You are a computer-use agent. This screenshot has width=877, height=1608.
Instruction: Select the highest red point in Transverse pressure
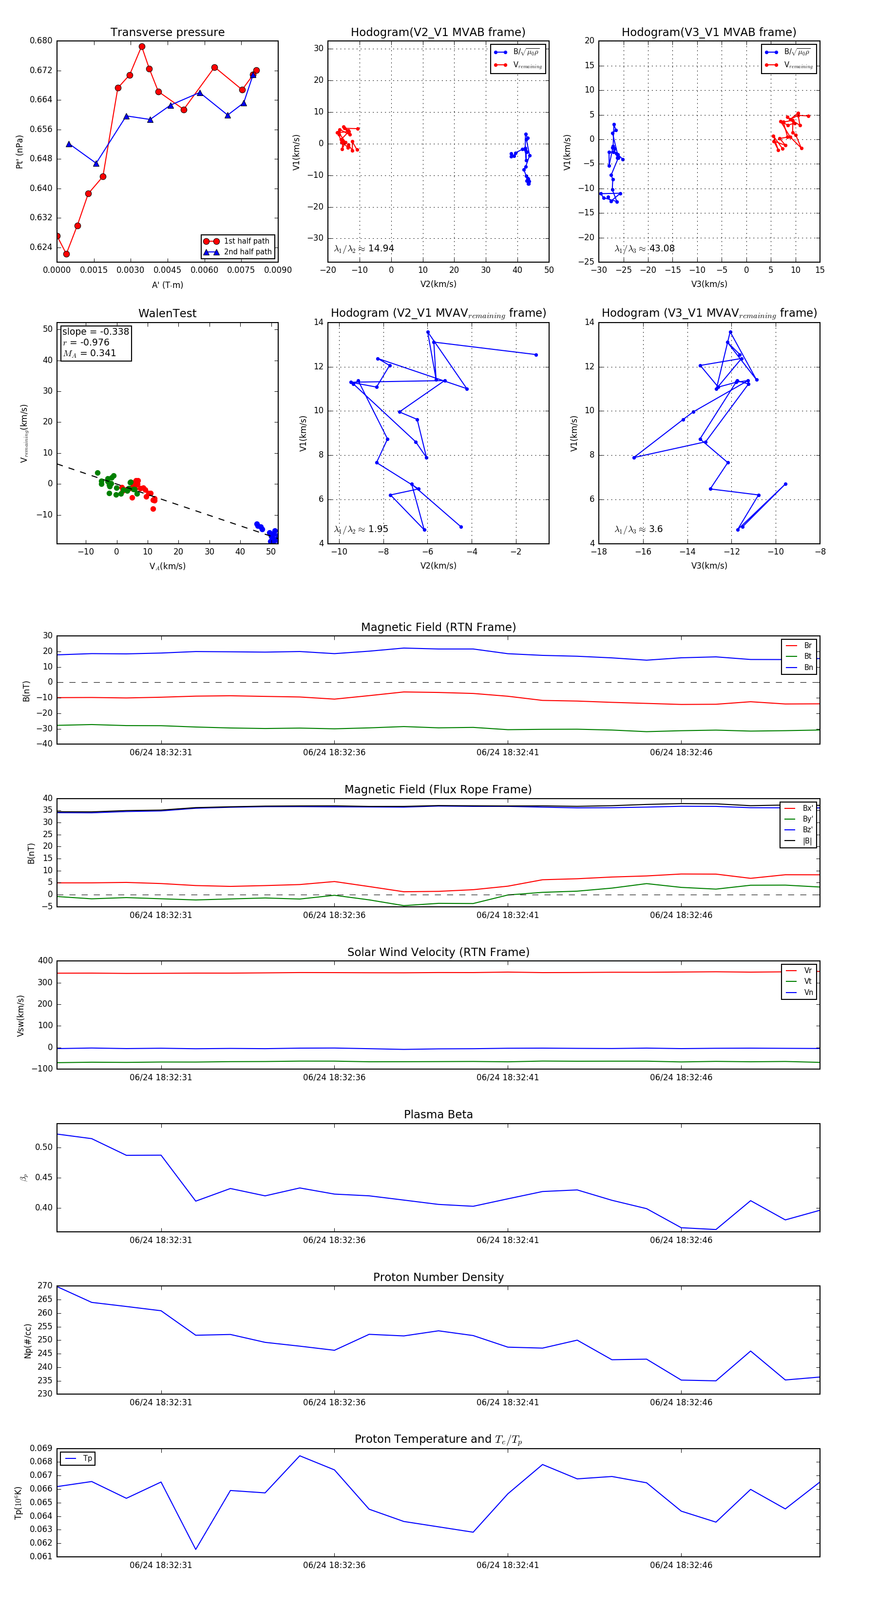[142, 47]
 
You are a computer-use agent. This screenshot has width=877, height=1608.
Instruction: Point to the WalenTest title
[167, 313]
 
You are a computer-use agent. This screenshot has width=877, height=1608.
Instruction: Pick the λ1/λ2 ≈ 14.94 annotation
[364, 249]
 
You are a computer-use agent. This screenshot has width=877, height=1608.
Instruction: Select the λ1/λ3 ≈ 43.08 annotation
[644, 249]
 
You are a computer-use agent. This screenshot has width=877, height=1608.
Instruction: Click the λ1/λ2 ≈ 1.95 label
[361, 529]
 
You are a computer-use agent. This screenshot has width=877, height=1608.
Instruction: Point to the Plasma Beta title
[438, 1115]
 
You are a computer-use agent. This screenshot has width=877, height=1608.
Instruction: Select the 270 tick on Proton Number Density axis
[45, 1286]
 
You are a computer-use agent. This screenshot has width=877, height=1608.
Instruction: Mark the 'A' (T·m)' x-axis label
[167, 285]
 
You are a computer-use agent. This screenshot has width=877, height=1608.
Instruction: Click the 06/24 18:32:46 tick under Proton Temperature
[681, 1565]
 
